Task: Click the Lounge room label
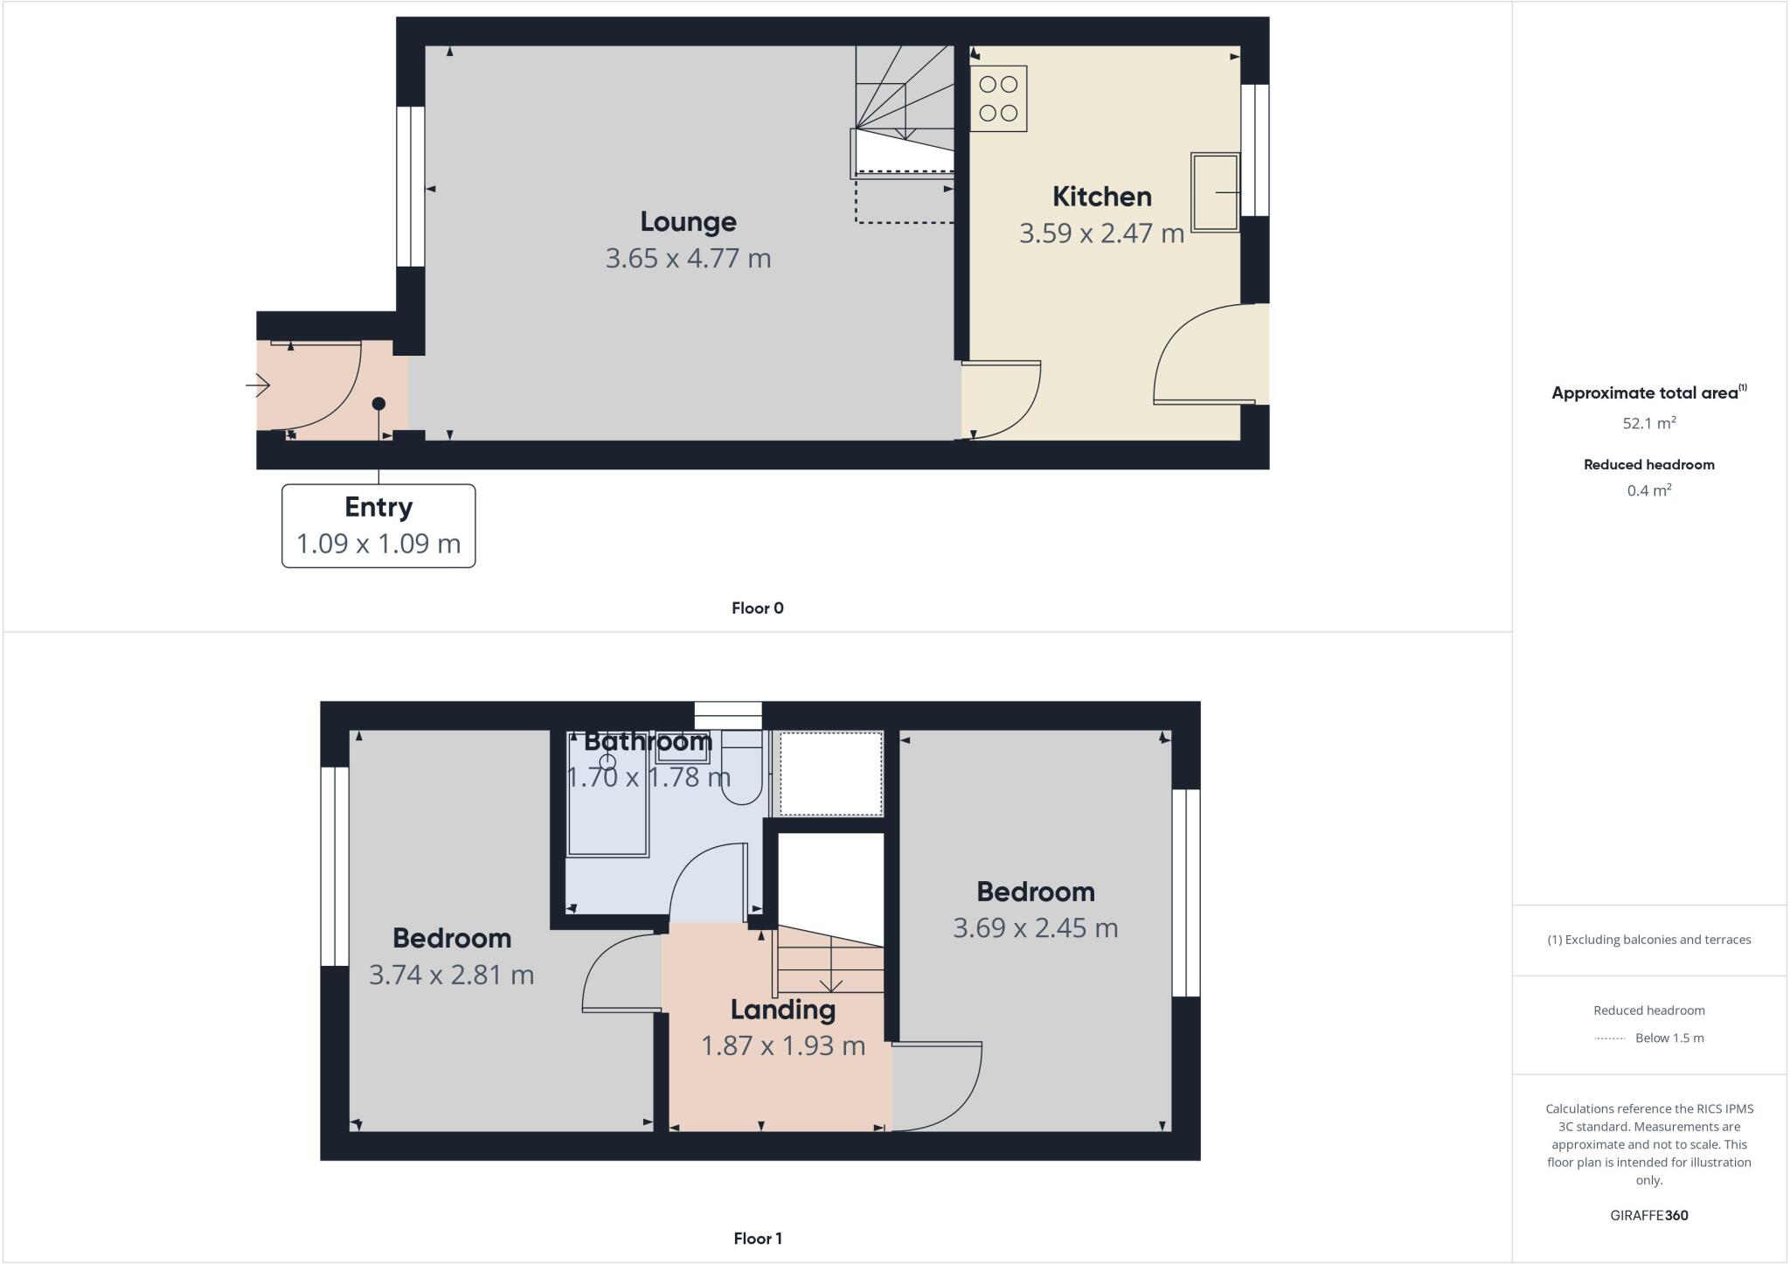pos(688,221)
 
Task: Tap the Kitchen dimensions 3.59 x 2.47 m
pos(1101,233)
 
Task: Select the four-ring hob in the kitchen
pos(998,99)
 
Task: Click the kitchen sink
pos(1215,192)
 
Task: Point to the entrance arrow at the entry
pos(259,385)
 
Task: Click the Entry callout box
pos(378,525)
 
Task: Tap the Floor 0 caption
pos(757,608)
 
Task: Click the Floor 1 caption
pos(757,1239)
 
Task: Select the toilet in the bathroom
pos(742,774)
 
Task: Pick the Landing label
pos(782,1010)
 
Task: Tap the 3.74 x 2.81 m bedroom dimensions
pos(451,975)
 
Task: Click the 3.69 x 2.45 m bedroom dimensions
pos(1035,928)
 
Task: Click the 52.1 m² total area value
pos(1648,423)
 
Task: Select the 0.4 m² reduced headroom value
pos(1648,490)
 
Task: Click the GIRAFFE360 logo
pos(1648,1215)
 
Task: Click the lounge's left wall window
pos(410,186)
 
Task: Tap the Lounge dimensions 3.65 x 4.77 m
pos(688,259)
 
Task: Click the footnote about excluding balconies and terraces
pos(1648,940)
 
